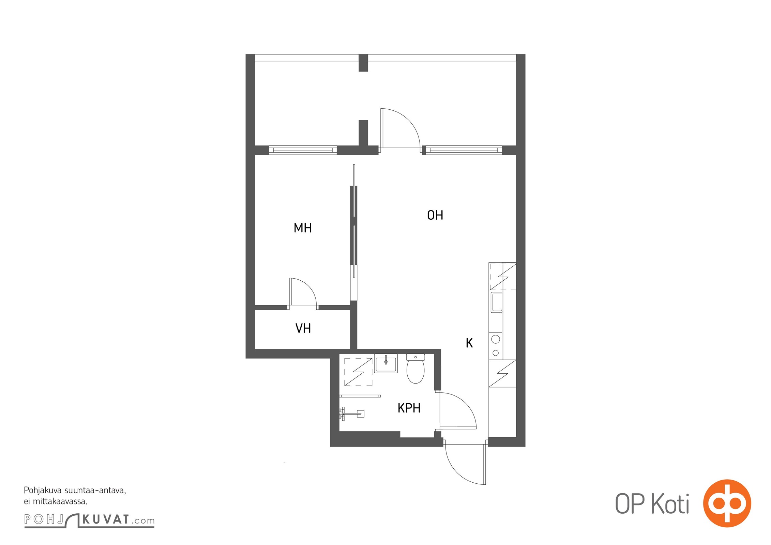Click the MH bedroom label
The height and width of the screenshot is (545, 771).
[x=303, y=228]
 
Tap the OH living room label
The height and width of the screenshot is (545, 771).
[x=435, y=215]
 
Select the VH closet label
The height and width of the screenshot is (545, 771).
[x=303, y=328]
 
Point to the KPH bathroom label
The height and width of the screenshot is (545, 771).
[x=409, y=408]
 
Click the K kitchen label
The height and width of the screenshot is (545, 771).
[x=469, y=343]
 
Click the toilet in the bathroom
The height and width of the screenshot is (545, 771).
[x=415, y=369]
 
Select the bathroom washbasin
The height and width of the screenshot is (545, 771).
[x=386, y=363]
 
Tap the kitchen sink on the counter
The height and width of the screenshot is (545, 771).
[x=496, y=302]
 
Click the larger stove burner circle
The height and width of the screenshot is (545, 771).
[x=496, y=339]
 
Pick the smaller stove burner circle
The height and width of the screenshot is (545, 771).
[x=496, y=353]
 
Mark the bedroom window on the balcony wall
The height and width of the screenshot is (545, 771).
[x=303, y=150]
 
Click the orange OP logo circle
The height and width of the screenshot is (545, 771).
[x=727, y=503]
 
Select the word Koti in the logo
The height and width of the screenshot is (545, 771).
[x=670, y=504]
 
